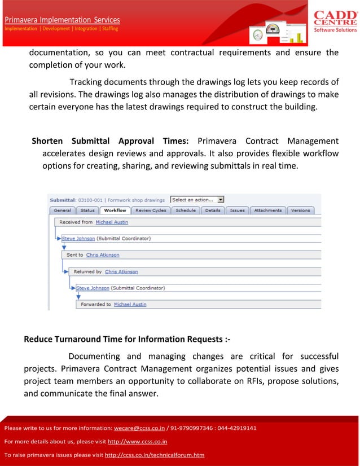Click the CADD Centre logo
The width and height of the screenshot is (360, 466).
(335, 21)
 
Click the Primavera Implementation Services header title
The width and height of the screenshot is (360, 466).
(63, 20)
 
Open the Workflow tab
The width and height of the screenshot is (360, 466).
(115, 210)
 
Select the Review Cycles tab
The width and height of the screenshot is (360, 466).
(151, 210)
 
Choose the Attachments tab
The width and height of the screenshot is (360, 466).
(267, 210)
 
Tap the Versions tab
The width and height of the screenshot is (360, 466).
(300, 210)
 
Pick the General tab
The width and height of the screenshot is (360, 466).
(62, 210)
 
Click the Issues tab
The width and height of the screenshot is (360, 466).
(237, 210)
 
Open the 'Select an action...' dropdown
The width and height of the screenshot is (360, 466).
(197, 200)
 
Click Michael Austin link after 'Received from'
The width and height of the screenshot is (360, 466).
(112, 222)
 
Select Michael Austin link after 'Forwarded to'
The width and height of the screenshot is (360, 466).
(130, 304)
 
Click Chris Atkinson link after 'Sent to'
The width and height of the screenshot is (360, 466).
(103, 255)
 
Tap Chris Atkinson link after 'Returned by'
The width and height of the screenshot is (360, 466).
(121, 271)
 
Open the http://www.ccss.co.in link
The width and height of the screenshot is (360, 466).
(137, 442)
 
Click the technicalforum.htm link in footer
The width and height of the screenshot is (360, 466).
(155, 455)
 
